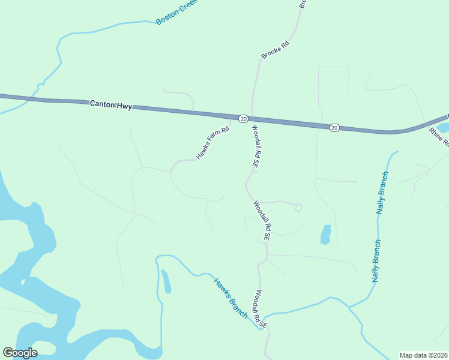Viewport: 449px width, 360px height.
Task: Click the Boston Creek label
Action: coord(177,13)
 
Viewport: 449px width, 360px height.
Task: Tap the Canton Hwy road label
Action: coord(110,104)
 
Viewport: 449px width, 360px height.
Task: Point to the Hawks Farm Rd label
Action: coord(213,143)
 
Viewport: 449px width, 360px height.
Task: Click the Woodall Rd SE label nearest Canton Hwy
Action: coord(255,146)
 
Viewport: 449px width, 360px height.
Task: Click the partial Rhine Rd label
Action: coord(439,137)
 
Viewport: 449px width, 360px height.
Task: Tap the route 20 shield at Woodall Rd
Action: coord(243,119)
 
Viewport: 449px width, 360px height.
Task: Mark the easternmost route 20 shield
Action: coord(334,127)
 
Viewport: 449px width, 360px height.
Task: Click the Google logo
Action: coord(20,353)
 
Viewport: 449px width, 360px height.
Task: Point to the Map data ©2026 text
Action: coord(423,355)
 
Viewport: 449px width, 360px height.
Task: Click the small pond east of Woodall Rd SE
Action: coord(325,235)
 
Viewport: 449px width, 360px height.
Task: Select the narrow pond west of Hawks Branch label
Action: coord(166,281)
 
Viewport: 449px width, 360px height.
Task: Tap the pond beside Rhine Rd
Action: coord(444,127)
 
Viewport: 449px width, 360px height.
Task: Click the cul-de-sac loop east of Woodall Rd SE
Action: coord(298,208)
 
